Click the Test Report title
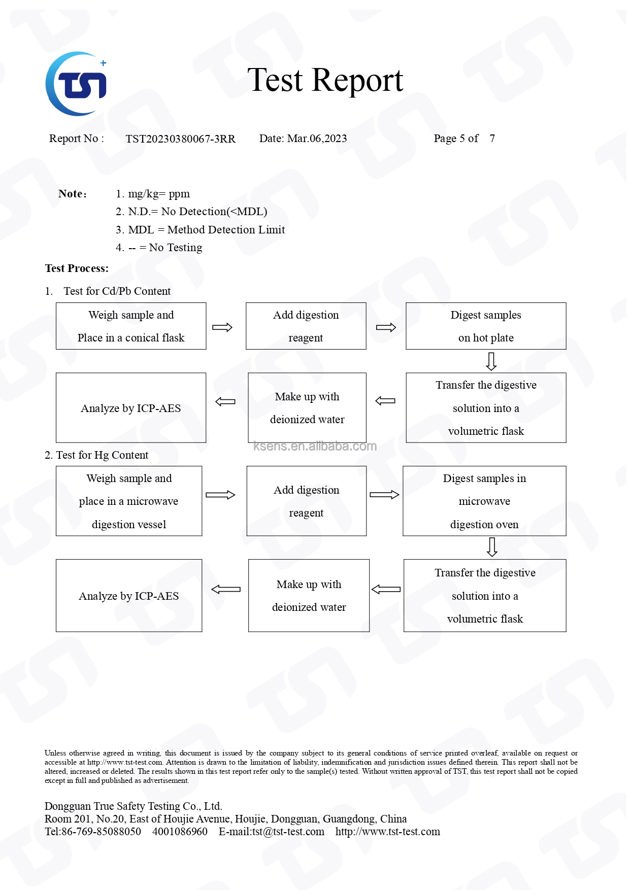[x=325, y=81]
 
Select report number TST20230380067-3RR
[x=180, y=139]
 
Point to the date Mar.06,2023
[x=317, y=139]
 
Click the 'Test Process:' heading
[x=77, y=268]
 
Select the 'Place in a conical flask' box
[x=131, y=326]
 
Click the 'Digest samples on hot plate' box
[x=485, y=326]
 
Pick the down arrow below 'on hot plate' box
[x=491, y=361]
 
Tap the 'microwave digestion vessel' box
[x=129, y=501]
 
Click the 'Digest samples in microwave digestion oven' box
[x=484, y=501]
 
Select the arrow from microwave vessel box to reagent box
[x=220, y=495]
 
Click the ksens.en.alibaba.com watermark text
[x=315, y=446]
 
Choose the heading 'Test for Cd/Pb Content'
[x=117, y=291]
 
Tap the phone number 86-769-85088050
[x=101, y=832]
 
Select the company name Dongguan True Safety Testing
[x=133, y=806]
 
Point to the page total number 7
[x=492, y=139]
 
